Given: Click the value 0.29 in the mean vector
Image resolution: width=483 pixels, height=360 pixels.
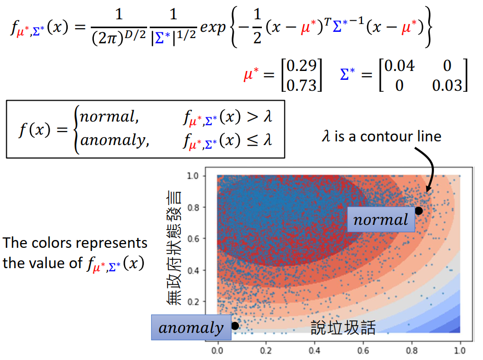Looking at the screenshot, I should (301, 66).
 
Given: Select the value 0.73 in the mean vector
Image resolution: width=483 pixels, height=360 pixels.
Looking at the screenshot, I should (301, 85).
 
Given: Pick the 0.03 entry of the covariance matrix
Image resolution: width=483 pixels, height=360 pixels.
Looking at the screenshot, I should (446, 85).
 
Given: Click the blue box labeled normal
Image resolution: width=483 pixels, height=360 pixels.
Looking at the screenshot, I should (381, 220).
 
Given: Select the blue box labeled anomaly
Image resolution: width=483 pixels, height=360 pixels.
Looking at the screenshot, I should (190, 328).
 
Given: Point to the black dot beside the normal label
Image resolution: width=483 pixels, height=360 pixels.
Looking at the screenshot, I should (418, 211).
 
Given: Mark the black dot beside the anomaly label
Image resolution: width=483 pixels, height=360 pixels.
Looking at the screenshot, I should (235, 326).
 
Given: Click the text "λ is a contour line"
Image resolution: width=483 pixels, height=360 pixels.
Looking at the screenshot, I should (381, 137).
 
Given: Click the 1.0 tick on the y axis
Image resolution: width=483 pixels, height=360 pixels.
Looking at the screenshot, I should (194, 176).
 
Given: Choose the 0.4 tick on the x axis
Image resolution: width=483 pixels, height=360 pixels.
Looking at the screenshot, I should (315, 350).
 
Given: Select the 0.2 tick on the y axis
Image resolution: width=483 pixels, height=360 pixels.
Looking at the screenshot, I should (194, 302).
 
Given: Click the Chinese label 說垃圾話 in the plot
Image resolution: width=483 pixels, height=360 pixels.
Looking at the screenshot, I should (343, 327).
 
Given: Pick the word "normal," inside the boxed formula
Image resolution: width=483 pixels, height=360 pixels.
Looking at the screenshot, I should (110, 117).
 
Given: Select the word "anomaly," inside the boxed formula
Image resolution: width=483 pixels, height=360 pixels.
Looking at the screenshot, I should (114, 140).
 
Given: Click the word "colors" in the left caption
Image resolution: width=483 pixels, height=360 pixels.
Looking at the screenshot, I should (52, 243).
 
